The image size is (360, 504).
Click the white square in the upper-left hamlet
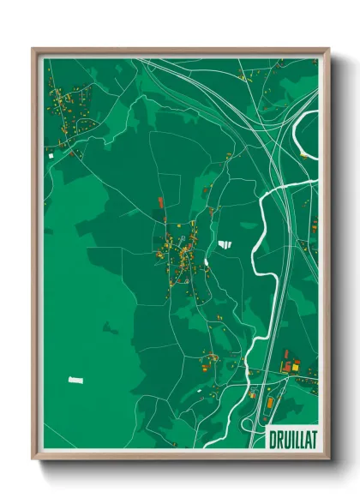51,155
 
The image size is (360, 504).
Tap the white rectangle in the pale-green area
77,379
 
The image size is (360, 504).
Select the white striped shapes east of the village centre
225,244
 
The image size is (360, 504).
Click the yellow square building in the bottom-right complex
296,367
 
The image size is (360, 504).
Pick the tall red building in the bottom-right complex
286,355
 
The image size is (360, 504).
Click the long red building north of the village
160,203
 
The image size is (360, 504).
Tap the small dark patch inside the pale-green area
109,327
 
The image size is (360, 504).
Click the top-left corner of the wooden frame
33,49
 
